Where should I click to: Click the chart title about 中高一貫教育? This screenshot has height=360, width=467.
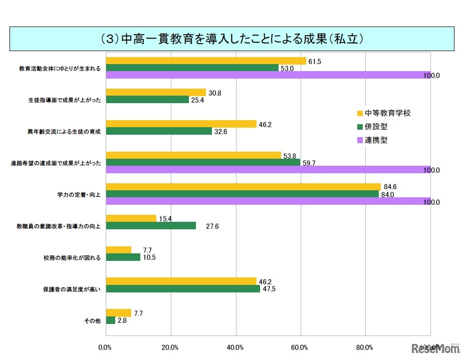[x=232, y=39]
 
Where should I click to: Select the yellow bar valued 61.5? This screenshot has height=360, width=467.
[x=205, y=61]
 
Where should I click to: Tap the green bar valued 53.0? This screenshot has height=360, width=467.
[x=192, y=68]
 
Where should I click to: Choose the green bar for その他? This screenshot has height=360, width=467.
[x=110, y=320]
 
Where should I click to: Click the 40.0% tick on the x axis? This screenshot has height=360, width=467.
[x=235, y=347]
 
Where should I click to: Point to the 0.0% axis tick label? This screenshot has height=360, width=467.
[x=105, y=347]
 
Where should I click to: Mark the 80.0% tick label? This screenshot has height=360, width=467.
[x=365, y=347]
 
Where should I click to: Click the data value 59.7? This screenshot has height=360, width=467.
[x=310, y=163]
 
